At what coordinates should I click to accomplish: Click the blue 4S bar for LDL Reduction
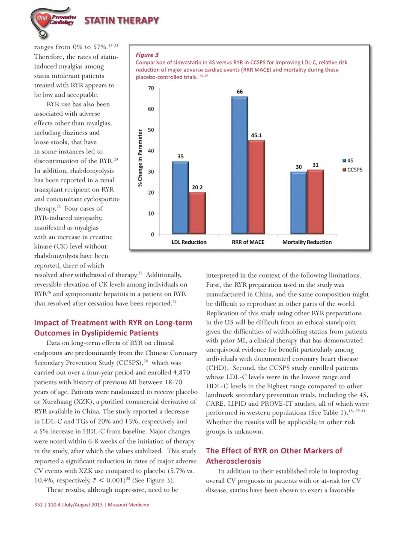click(180, 198)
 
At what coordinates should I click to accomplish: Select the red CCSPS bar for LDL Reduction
click(197, 213)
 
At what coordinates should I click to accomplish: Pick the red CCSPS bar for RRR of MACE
click(256, 187)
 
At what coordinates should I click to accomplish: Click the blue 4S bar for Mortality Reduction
click(299, 203)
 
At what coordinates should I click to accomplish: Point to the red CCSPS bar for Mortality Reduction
click(316, 202)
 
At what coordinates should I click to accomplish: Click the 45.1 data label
click(256, 135)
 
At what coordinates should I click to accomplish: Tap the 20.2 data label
click(197, 187)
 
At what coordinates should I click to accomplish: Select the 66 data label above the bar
click(240, 92)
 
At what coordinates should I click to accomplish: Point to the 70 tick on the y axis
click(151, 88)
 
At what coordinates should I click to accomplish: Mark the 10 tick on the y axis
click(151, 213)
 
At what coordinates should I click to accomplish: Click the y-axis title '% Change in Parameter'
click(140, 158)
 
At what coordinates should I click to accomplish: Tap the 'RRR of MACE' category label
click(248, 242)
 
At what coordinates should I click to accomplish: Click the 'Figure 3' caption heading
click(147, 55)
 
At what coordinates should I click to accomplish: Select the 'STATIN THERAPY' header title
click(122, 21)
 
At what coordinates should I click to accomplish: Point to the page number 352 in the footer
click(39, 505)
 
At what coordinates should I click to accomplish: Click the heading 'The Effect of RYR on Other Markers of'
click(274, 451)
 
